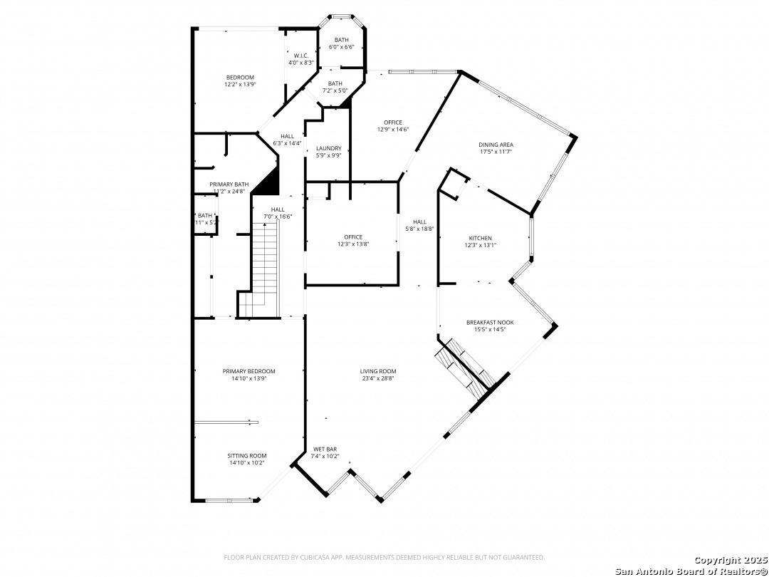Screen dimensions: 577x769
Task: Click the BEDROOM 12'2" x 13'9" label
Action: [240, 81]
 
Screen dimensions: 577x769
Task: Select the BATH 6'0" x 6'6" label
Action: [341, 43]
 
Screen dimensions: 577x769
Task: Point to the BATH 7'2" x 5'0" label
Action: [335, 87]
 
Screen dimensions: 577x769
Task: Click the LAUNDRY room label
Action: [328, 152]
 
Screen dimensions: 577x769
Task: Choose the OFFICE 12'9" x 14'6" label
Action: [393, 126]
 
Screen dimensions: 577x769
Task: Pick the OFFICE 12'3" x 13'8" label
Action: [353, 241]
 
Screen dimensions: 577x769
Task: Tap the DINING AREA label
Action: [496, 148]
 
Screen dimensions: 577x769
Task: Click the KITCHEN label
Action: [480, 241]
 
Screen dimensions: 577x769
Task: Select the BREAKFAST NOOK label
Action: [490, 326]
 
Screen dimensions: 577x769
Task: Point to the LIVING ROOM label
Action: [377, 375]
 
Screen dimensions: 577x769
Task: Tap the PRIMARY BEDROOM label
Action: [249, 375]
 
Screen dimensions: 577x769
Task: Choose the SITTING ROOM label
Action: [247, 459]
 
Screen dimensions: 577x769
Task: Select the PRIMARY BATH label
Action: [229, 187]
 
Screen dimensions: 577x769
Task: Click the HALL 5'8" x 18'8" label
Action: [419, 225]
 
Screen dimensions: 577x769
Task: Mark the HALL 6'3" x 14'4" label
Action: [287, 140]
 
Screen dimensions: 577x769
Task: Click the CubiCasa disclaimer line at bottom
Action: [384, 557]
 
